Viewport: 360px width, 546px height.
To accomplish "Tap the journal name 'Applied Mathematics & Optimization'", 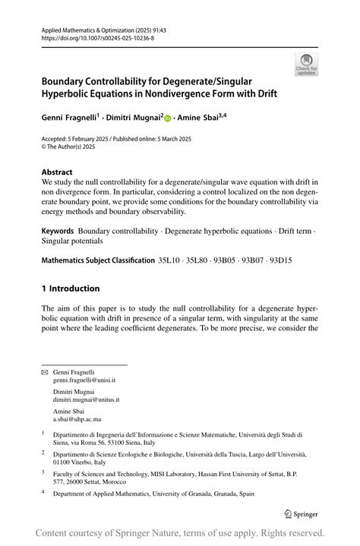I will tap(87, 28).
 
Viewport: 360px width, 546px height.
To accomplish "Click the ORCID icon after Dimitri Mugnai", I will tap(169, 118).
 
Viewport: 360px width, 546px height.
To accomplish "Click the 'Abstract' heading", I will tap(57, 172).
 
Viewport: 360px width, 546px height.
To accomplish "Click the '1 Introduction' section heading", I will tap(70, 289).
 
